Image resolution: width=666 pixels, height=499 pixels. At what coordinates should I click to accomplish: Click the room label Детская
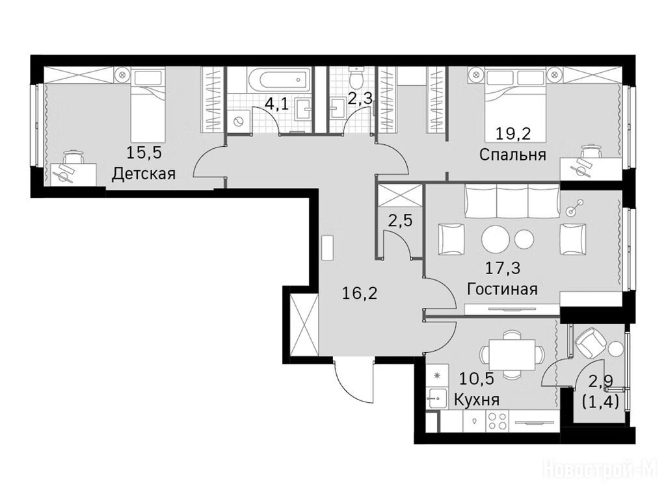coord(144,174)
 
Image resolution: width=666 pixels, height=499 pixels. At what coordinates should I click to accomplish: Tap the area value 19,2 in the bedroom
coord(514,134)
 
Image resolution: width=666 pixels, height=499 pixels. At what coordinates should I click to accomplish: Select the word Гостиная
coord(502,289)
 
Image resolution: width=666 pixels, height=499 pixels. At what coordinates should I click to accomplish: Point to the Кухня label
coord(477,400)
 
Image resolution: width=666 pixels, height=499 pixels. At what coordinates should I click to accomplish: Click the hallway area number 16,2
coord(359,293)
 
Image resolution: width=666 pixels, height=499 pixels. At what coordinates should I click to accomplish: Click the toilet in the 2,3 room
coord(353,77)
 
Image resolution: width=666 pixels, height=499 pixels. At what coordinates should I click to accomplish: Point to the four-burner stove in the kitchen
coord(498,420)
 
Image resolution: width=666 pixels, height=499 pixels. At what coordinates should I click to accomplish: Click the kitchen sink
coord(436,398)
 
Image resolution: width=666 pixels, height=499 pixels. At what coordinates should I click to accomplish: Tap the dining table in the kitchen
coord(512,354)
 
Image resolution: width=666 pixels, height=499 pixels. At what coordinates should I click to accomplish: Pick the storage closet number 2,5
coord(400,221)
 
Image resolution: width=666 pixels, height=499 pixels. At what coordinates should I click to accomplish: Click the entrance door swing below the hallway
coord(353,382)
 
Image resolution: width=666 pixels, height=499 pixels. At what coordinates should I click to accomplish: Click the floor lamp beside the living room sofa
coord(574,208)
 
